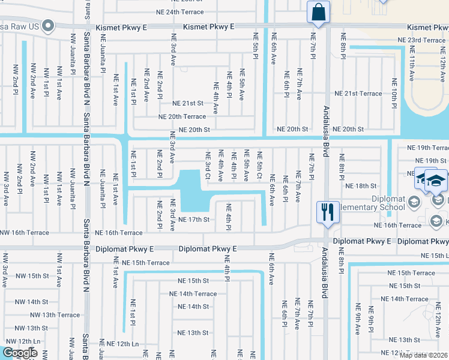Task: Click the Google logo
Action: [x=20, y=353]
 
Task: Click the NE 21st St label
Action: [x=188, y=103]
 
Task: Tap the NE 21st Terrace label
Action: [x=358, y=94]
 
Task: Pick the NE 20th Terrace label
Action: [x=182, y=116]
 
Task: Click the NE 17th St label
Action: [x=193, y=220]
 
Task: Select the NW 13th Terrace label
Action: [x=55, y=314]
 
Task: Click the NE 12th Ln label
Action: [x=122, y=344]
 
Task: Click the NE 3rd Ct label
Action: [x=208, y=165]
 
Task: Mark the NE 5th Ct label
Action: [x=260, y=165]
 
